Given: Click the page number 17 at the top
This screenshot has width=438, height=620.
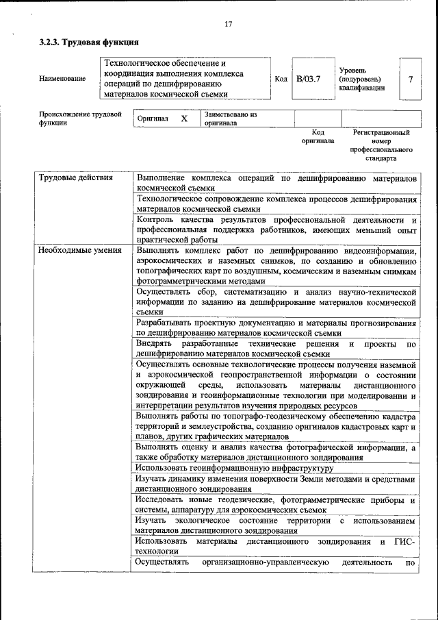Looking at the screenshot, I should [x=229, y=25].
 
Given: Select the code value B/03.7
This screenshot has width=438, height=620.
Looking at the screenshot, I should [x=308, y=79].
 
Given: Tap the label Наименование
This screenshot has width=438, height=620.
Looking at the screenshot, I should [x=62, y=79].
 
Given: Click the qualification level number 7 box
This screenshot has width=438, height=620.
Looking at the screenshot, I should [x=410, y=79].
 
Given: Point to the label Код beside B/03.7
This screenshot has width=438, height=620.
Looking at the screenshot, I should [x=281, y=79].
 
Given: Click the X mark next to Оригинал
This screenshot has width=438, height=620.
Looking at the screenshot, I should [x=184, y=119].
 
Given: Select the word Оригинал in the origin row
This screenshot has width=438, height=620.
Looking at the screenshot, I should [x=153, y=119].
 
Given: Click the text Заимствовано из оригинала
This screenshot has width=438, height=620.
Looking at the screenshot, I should [x=230, y=119].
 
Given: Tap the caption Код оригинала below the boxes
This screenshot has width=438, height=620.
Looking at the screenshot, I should [x=318, y=136].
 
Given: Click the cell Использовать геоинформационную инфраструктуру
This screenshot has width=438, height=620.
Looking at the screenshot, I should [x=234, y=468].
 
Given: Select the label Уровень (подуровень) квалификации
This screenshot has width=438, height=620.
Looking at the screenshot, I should [x=362, y=79].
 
